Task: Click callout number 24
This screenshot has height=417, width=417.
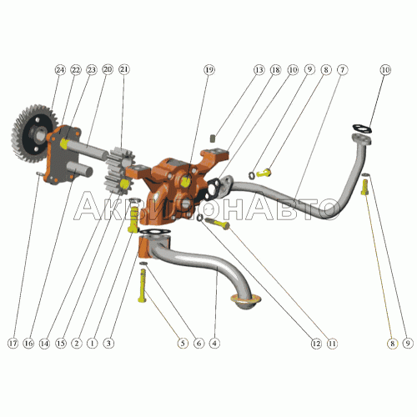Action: coord(60,69)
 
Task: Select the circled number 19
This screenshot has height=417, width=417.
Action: coord(209,69)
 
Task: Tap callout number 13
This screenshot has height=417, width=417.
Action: coord(259,69)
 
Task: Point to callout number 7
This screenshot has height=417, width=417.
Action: coord(342,69)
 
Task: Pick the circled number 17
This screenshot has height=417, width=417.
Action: coord(13,344)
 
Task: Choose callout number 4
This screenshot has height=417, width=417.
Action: coord(214,344)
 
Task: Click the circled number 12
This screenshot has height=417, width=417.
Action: coord(316,344)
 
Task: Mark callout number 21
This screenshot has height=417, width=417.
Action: coord(124,69)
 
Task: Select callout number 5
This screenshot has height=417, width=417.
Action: coord(183,344)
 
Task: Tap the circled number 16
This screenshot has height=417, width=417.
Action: coord(28,344)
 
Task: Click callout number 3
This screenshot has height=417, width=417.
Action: coord(108,344)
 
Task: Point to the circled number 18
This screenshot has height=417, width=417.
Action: coord(275,69)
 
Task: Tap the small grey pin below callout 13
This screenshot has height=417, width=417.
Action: coord(214,138)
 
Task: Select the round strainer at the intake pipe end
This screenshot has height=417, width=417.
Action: coord(246,300)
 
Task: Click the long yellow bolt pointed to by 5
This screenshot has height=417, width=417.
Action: coord(143,285)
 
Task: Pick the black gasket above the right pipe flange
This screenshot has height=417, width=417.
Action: coord(362,128)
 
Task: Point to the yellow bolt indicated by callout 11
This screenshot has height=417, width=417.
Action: coord(218,223)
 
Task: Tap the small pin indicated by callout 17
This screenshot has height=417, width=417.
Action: coord(39,174)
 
